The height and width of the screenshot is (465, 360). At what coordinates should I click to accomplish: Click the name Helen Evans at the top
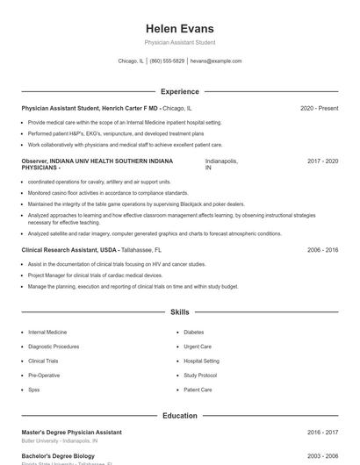pyautogui.click(x=179, y=28)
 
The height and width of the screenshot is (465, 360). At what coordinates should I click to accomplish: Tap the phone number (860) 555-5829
pyautogui.click(x=167, y=61)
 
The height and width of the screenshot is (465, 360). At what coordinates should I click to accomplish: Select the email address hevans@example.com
pyautogui.click(x=215, y=61)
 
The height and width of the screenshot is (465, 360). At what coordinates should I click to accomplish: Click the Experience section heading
pyautogui.click(x=179, y=91)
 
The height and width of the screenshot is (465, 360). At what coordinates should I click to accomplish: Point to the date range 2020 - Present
pyautogui.click(x=319, y=108)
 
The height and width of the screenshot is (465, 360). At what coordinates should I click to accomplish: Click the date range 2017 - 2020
pyautogui.click(x=322, y=161)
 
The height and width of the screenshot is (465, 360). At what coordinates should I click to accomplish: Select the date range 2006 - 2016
pyautogui.click(x=322, y=250)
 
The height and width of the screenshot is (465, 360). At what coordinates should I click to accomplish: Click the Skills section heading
pyautogui.click(x=179, y=311)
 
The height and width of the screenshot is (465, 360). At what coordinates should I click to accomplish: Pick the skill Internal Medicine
pyautogui.click(x=47, y=333)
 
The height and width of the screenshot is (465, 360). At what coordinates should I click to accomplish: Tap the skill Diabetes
pyautogui.click(x=193, y=333)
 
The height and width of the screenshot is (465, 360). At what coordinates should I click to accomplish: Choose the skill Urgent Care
pyautogui.click(x=198, y=347)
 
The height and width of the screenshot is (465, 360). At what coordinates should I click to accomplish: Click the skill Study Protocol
pyautogui.click(x=200, y=375)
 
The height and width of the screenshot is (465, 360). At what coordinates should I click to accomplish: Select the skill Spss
pyautogui.click(x=34, y=390)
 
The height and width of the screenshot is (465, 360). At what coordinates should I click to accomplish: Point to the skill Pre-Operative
pyautogui.click(x=44, y=375)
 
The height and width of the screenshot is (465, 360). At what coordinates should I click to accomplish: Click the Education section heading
pyautogui.click(x=179, y=415)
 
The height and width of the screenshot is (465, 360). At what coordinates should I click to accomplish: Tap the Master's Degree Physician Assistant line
pyautogui.click(x=71, y=432)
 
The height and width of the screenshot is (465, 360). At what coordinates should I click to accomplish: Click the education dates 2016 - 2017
pyautogui.click(x=322, y=432)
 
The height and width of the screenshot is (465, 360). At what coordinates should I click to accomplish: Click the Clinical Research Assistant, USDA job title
pyautogui.click(x=69, y=250)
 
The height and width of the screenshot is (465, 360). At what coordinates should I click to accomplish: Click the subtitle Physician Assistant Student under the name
pyautogui.click(x=179, y=42)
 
